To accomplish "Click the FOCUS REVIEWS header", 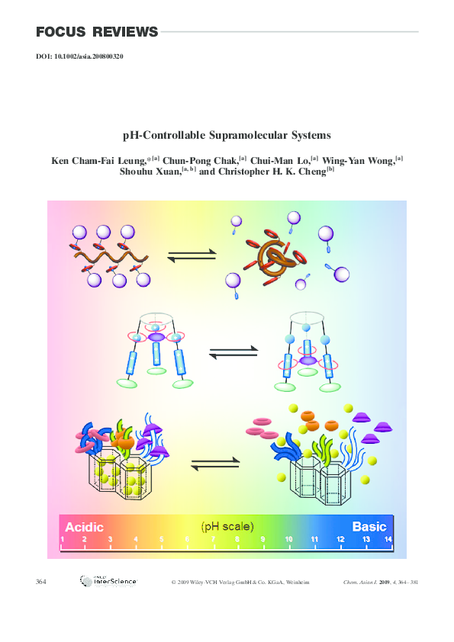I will coord(97,32).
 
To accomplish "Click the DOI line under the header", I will coord(79,57).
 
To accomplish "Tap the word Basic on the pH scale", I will coord(369,526).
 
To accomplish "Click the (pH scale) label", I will coord(227,526).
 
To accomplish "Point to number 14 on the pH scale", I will coord(388,540).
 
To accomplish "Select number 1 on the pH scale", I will coord(63,540).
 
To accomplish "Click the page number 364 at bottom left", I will coord(41,583).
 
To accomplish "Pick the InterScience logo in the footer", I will coord(108,582).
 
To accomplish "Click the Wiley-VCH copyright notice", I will coord(240,583).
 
